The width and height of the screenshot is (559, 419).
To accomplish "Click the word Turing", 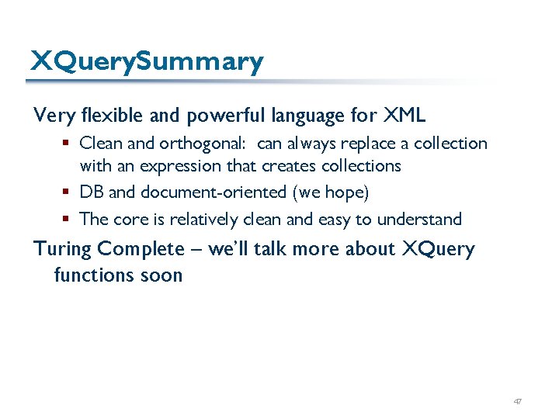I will click(x=63, y=249).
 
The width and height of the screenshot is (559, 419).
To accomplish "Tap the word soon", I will click(x=159, y=275).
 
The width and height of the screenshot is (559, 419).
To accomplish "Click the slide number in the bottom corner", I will click(x=518, y=401).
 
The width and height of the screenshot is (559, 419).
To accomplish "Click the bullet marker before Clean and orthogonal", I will click(x=68, y=144).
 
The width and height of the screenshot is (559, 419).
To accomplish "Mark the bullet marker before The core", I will click(x=68, y=220).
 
